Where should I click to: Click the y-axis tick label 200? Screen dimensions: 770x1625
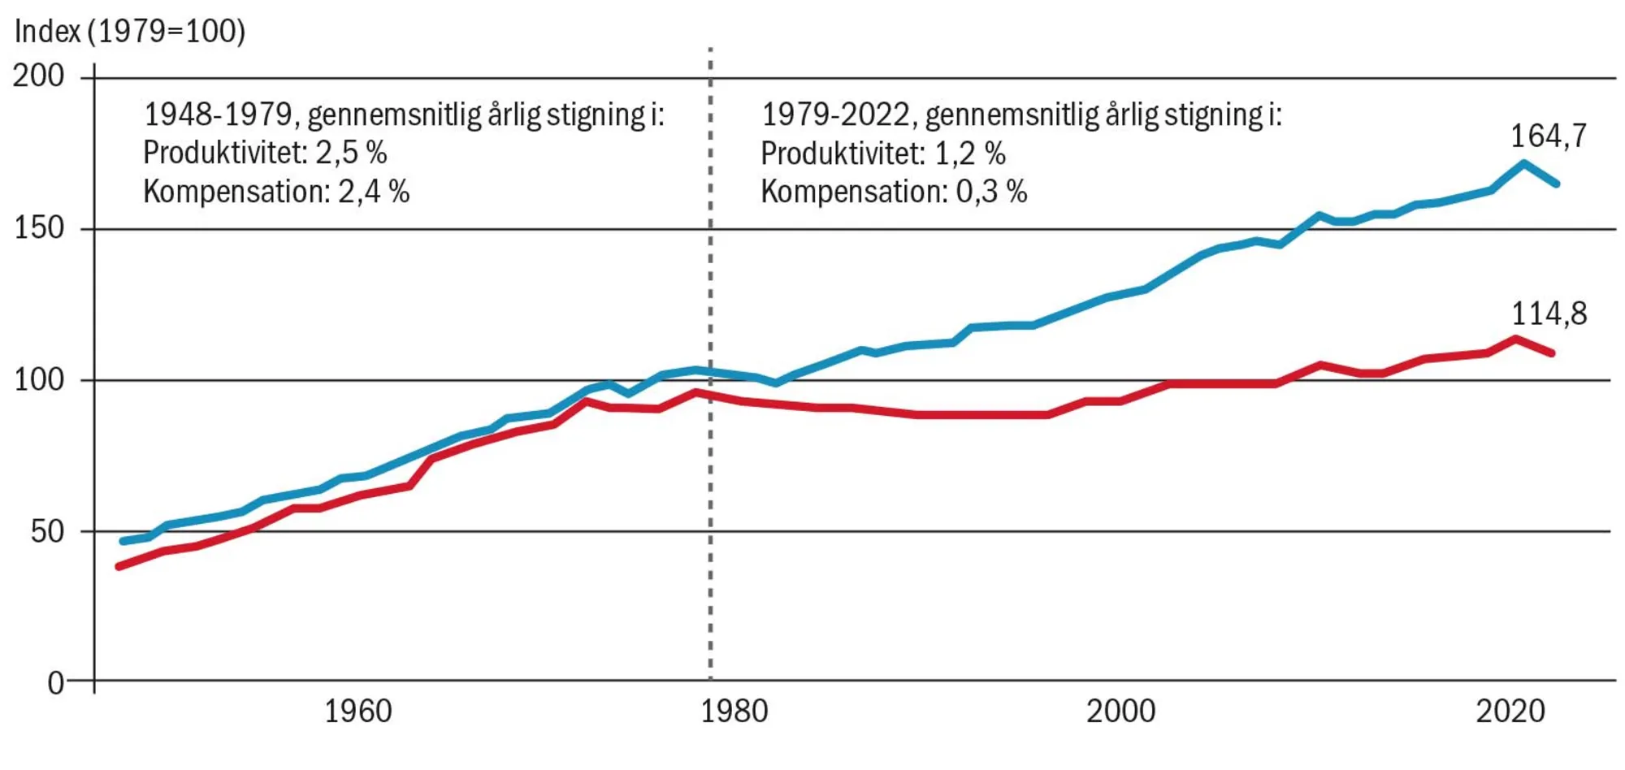(x=38, y=76)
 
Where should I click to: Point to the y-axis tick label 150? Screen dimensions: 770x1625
(x=38, y=227)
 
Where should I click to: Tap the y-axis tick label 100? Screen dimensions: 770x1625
(x=38, y=379)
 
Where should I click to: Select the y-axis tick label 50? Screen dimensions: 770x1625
(x=47, y=531)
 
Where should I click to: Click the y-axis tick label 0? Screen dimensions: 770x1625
(x=55, y=683)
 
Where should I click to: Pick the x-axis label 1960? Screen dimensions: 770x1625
(x=357, y=712)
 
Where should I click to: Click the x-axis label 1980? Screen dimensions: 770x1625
(x=734, y=712)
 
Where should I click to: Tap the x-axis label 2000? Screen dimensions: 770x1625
(x=1120, y=712)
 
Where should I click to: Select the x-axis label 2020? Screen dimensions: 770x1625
(x=1510, y=712)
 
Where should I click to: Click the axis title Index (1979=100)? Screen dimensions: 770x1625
(x=130, y=32)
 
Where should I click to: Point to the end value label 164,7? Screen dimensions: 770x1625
(x=1548, y=136)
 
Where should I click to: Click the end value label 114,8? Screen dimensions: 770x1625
(x=1548, y=314)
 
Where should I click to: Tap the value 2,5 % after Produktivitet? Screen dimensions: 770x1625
(x=351, y=153)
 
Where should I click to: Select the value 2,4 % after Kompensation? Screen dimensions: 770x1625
(x=374, y=192)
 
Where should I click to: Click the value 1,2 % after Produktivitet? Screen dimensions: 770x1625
(x=969, y=153)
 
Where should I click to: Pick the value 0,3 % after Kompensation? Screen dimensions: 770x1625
(x=991, y=192)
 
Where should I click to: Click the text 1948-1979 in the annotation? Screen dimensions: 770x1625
(x=217, y=115)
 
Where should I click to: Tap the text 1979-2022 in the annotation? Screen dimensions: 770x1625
(x=834, y=115)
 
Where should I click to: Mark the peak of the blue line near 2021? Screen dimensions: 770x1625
(x=1523, y=163)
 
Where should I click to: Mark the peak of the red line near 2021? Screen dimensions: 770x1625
(x=1515, y=338)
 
